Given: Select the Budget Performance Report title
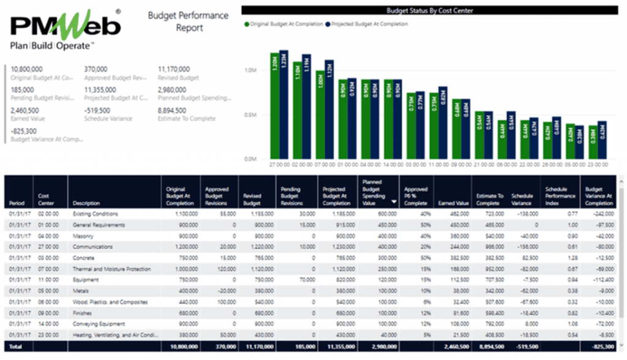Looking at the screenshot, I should (x=189, y=21).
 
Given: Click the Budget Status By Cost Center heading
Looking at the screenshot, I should (x=429, y=10).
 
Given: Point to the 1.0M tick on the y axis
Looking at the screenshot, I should (x=250, y=70).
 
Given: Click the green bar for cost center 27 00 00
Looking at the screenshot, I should (x=274, y=105).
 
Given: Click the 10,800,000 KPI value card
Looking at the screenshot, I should (x=28, y=70).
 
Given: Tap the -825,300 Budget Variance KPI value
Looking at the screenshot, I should (x=24, y=131).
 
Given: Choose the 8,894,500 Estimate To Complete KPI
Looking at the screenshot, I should (x=172, y=111).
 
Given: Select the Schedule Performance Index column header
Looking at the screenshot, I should (x=560, y=196).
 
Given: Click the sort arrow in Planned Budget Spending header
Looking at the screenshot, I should (x=393, y=201).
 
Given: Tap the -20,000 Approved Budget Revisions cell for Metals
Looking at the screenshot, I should (x=219, y=291).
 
